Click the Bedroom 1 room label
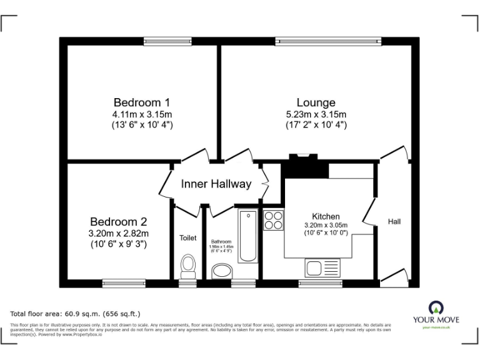(x=142, y=102)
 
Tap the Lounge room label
(x=316, y=102)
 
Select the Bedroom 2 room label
(x=118, y=222)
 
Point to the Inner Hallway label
(x=216, y=184)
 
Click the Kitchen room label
(x=326, y=216)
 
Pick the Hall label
(x=394, y=221)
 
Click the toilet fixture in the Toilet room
(x=187, y=266)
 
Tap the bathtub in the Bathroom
(x=248, y=236)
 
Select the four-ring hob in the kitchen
(x=273, y=221)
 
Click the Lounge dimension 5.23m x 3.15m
(x=316, y=114)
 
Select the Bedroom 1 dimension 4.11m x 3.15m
(x=142, y=114)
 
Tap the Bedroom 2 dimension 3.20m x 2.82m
(x=118, y=234)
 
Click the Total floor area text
(x=76, y=314)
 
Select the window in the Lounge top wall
(x=327, y=42)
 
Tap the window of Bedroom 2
(x=124, y=283)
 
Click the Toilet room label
(x=187, y=237)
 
